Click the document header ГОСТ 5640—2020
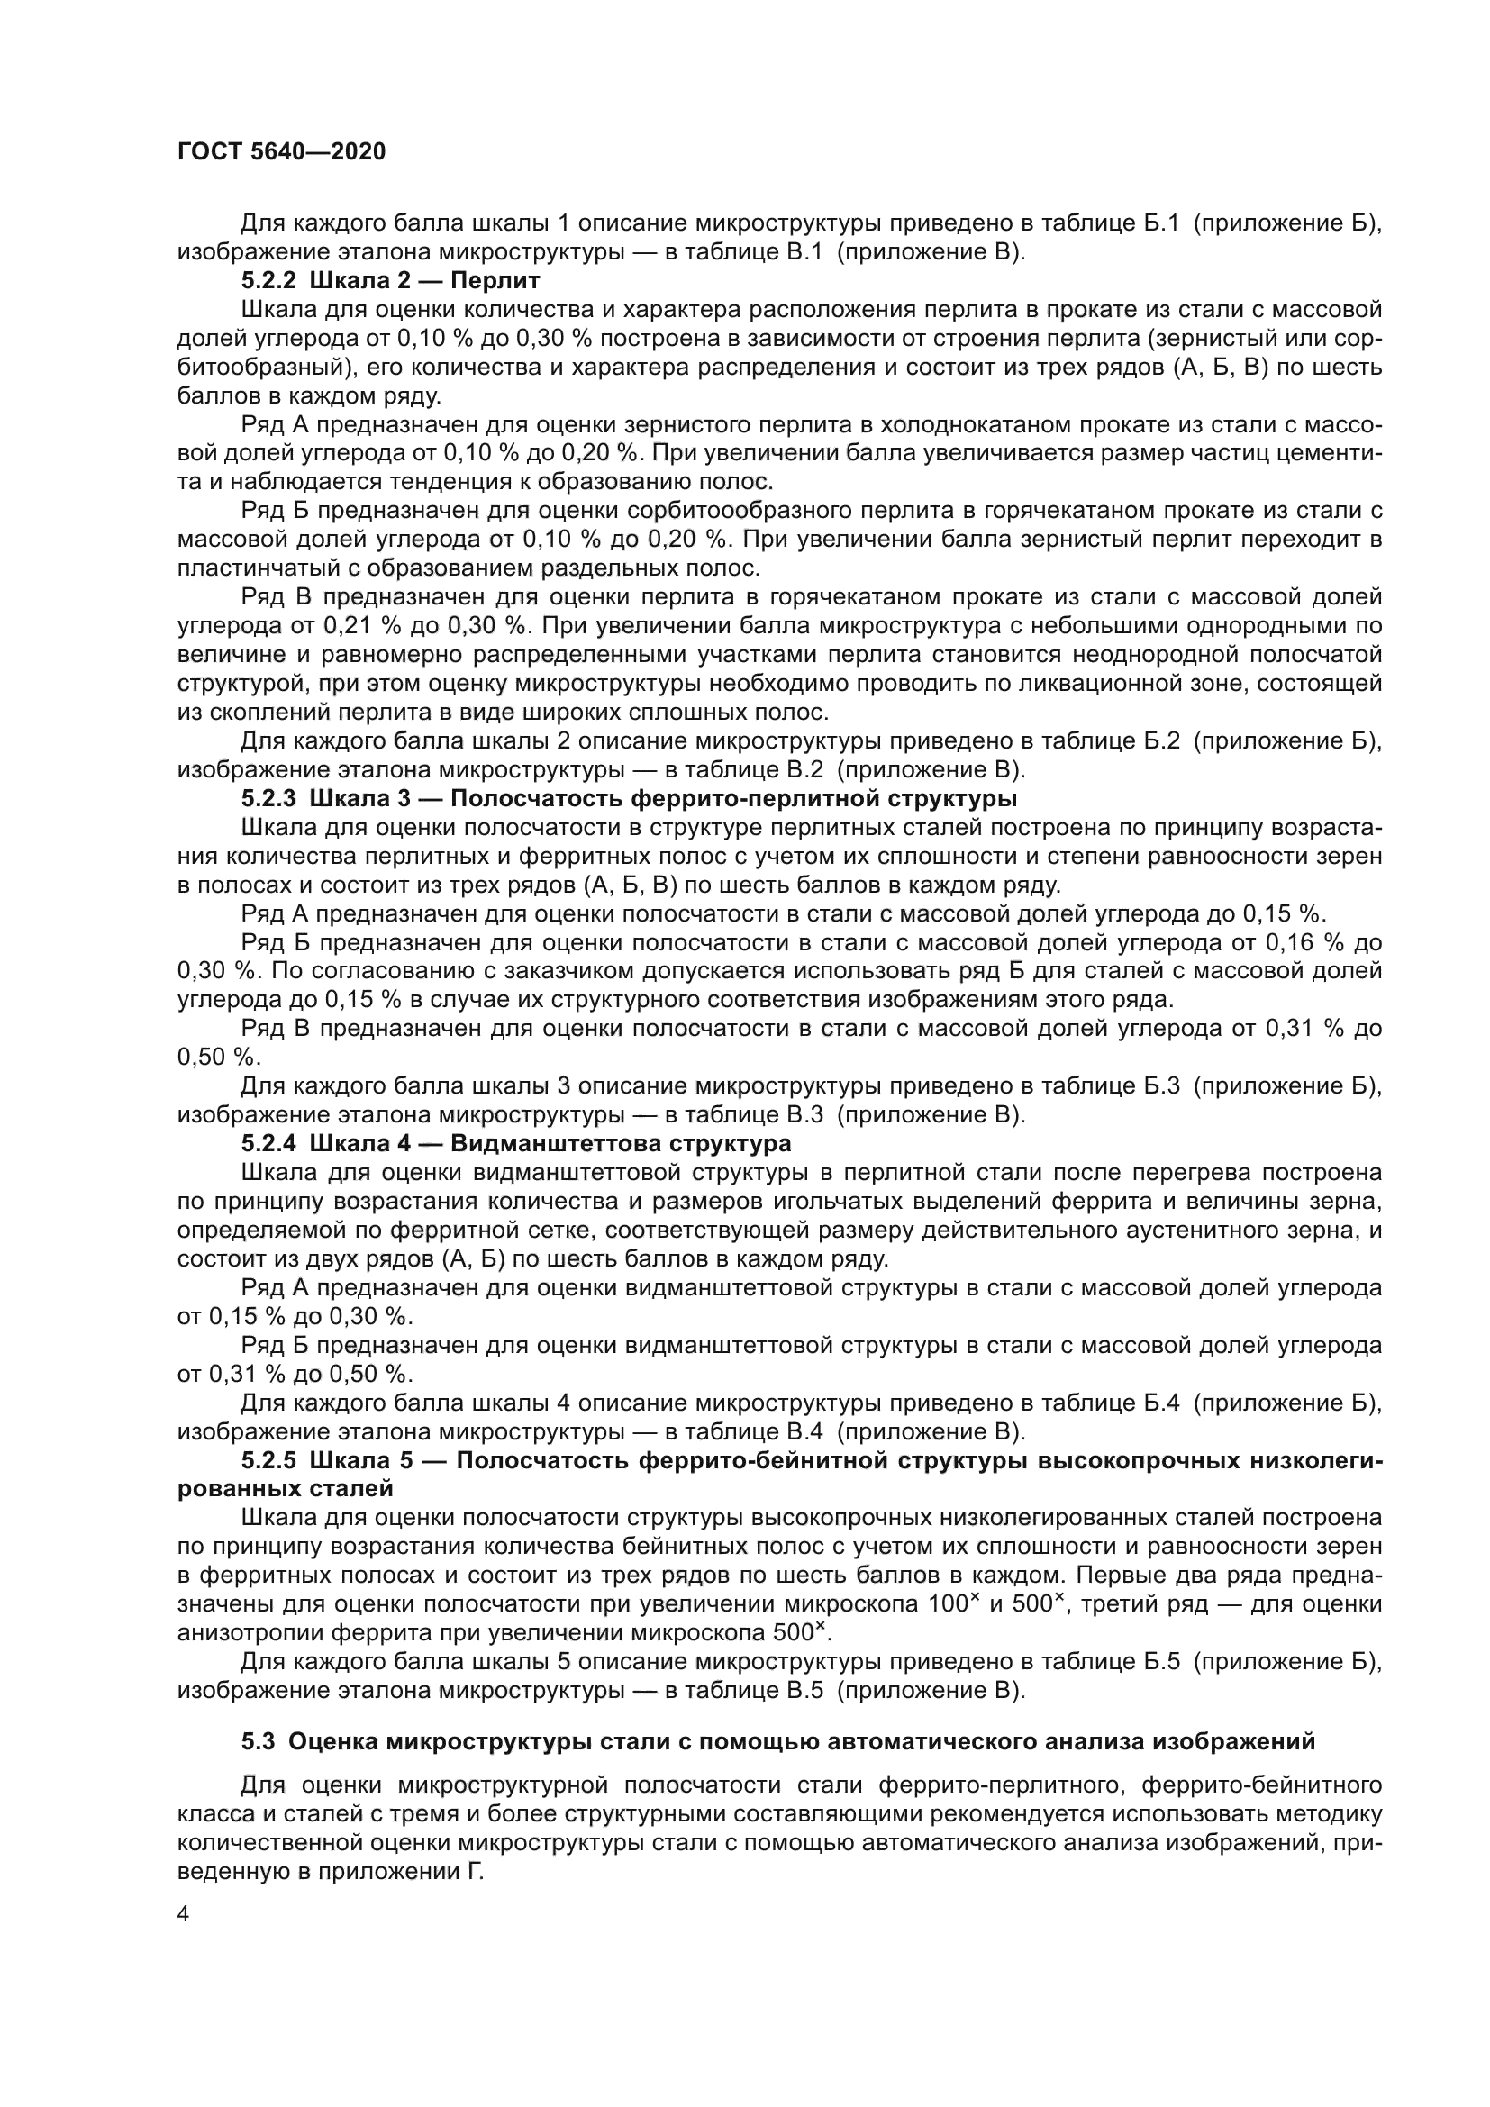click(281, 152)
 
